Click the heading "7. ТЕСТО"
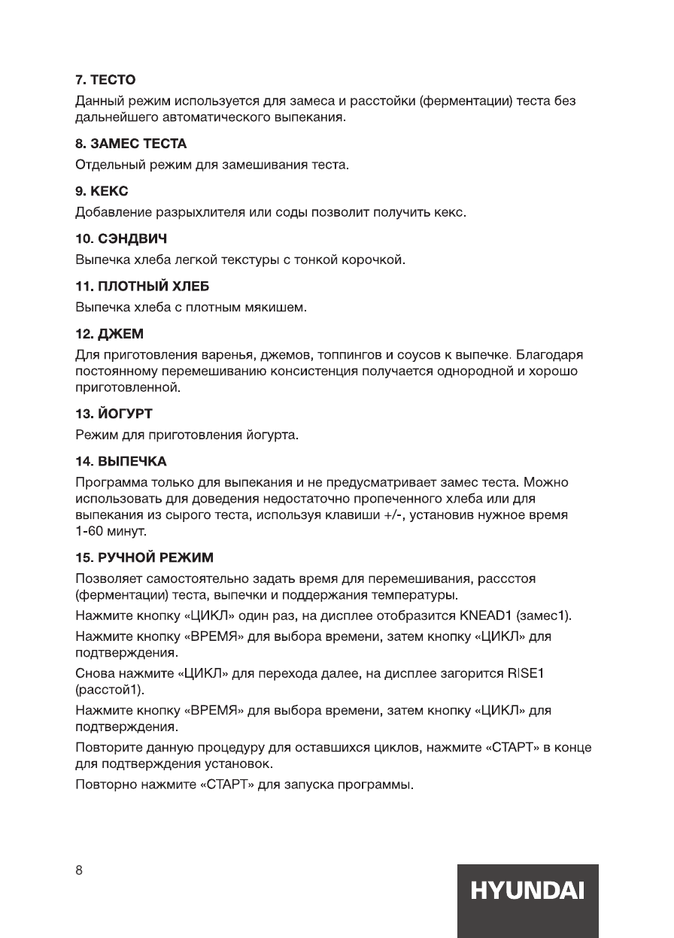(x=105, y=79)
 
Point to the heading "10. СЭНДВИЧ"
(x=121, y=238)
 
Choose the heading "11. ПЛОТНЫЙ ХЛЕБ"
(x=142, y=286)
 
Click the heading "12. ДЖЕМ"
(x=111, y=333)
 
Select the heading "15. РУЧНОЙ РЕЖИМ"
(x=145, y=558)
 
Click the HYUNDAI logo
(x=527, y=892)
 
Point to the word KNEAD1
(x=485, y=616)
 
